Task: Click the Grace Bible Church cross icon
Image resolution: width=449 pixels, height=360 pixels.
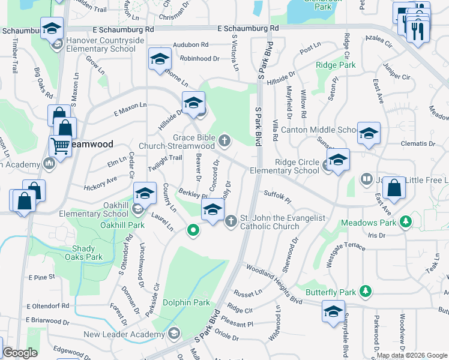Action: click(x=225, y=141)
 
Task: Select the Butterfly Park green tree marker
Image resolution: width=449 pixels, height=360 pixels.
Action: click(x=364, y=292)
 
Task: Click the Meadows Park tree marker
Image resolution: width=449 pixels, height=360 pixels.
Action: click(x=406, y=222)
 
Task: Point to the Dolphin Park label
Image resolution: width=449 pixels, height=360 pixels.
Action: click(x=187, y=302)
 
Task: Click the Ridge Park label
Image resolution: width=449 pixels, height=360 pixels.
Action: click(x=336, y=65)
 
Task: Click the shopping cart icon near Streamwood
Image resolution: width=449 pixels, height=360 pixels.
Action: click(x=60, y=145)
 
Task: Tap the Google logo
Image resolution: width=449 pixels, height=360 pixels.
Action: click(x=20, y=353)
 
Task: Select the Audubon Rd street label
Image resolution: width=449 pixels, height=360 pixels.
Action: click(x=190, y=45)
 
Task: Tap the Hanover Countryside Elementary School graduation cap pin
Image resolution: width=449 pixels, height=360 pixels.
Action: click(x=52, y=28)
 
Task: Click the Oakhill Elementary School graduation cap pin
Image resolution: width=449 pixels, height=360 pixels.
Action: click(x=144, y=193)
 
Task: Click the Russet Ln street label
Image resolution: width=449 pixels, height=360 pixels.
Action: click(x=248, y=293)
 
